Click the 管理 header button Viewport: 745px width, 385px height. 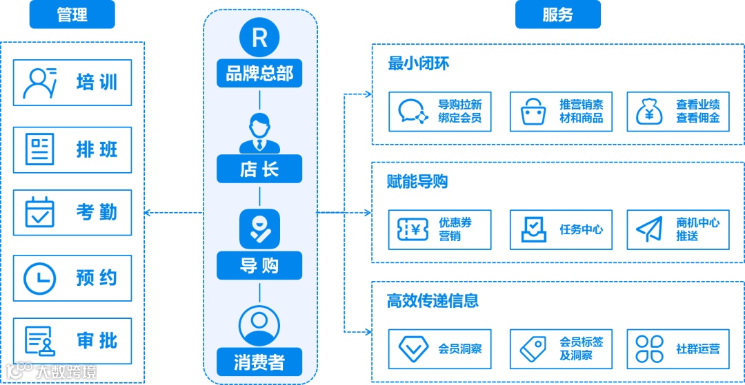click(72, 14)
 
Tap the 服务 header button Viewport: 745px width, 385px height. click(557, 14)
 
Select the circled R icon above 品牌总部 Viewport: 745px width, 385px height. click(259, 38)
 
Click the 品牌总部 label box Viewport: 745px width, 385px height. click(259, 73)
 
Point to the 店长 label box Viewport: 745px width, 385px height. click(259, 169)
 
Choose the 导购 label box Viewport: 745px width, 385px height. click(259, 265)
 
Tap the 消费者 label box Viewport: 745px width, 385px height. click(259, 362)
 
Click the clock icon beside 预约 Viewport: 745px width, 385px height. click(40, 278)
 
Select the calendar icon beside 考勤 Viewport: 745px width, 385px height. click(40, 212)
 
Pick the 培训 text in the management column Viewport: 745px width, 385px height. click(97, 83)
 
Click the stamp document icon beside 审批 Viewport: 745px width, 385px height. click(40, 340)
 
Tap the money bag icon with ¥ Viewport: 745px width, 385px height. click(649, 112)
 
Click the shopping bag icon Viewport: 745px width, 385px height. click(533, 112)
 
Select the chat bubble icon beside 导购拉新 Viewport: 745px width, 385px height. click(413, 112)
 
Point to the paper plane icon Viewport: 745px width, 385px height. click(649, 229)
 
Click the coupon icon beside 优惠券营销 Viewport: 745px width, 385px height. click(413, 229)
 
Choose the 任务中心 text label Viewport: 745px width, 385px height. click(581, 229)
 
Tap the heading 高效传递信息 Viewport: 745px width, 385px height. click(433, 300)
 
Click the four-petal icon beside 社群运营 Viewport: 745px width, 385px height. click(649, 348)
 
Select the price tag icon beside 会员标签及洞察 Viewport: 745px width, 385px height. click(533, 348)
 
